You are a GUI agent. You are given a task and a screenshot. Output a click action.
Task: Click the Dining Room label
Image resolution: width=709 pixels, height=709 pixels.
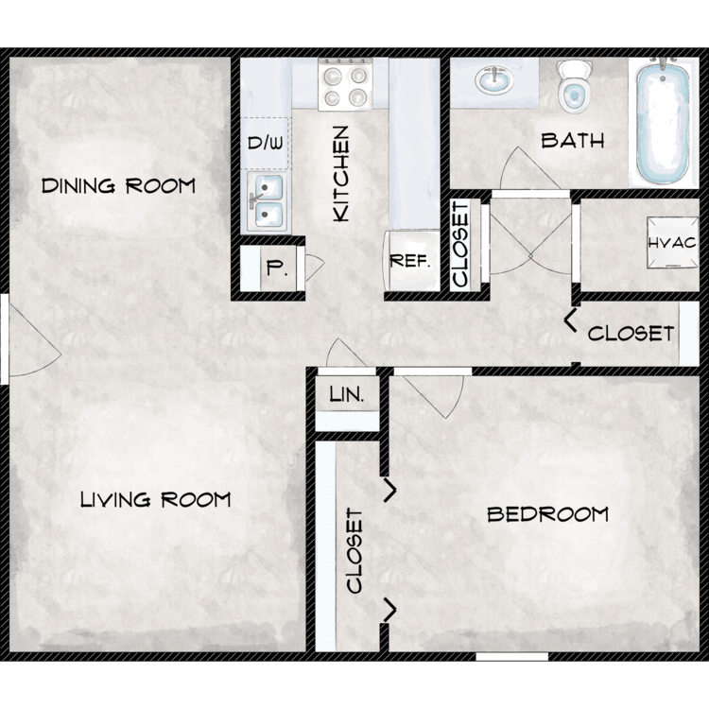click(118, 186)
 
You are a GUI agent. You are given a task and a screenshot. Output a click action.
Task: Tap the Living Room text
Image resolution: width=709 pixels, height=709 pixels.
click(155, 500)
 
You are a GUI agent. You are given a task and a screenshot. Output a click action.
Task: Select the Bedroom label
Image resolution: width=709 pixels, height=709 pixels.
click(547, 514)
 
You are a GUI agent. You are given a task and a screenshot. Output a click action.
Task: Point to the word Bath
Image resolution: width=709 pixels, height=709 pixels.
click(573, 141)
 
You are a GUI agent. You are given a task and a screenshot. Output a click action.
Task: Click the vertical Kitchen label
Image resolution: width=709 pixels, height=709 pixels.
click(341, 174)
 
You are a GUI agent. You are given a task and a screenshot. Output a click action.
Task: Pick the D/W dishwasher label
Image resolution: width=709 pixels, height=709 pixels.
click(266, 143)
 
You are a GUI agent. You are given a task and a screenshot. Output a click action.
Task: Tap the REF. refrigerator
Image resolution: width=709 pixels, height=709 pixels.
click(411, 261)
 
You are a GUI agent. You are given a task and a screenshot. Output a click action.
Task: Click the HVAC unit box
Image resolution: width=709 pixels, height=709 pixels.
click(672, 243)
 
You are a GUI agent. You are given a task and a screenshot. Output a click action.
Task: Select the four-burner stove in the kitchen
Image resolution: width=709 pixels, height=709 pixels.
click(345, 84)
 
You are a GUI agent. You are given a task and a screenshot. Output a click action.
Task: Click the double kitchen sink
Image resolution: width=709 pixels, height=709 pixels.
click(268, 201)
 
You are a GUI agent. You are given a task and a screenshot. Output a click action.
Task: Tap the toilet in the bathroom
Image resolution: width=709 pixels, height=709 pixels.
click(574, 86)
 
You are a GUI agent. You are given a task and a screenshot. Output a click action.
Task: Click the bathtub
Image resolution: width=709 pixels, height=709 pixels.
click(663, 121)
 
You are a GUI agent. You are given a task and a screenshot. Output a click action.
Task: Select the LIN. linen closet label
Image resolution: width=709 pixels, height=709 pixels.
click(347, 395)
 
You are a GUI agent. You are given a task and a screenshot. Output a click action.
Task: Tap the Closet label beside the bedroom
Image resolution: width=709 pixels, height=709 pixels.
click(354, 551)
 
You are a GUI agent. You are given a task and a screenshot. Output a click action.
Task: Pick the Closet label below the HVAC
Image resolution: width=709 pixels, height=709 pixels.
click(631, 334)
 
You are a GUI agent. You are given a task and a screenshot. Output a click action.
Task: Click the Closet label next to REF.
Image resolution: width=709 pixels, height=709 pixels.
click(460, 244)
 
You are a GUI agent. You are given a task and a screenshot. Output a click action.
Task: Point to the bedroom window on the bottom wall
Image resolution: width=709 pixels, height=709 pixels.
click(512, 657)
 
